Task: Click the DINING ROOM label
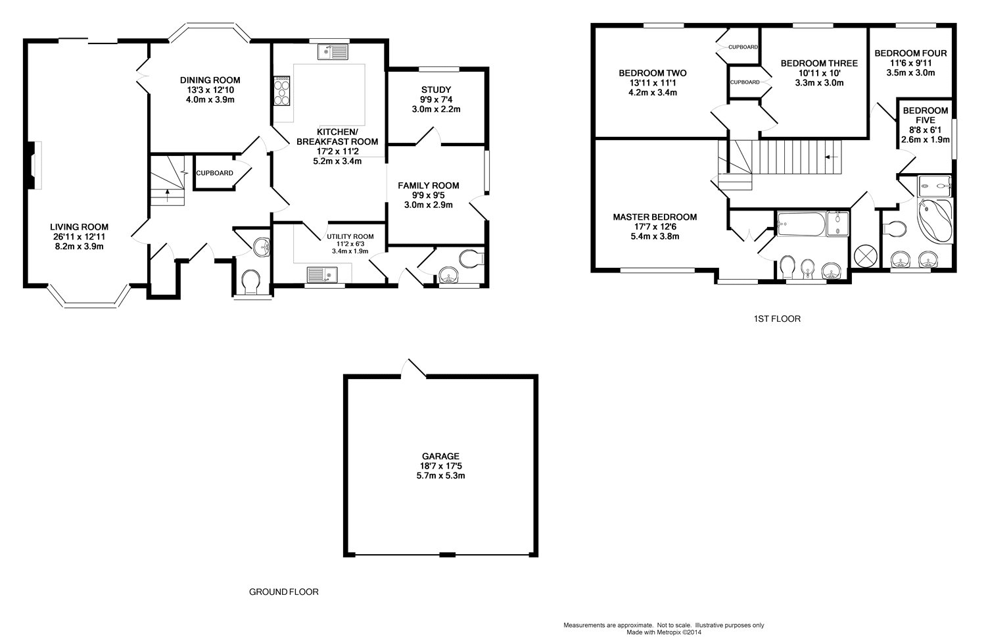point(210,80)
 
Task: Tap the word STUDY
point(436,89)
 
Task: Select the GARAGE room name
point(440,456)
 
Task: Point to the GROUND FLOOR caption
point(284,592)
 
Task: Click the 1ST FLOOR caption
point(777,318)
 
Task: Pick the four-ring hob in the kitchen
point(282,91)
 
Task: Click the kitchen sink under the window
point(333,51)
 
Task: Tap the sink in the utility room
point(322,274)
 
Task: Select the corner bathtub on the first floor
point(935,220)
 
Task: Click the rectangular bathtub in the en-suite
point(801,224)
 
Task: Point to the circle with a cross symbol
point(865,256)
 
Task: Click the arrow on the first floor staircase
point(831,157)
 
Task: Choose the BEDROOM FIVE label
point(926,115)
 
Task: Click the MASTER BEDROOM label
point(655,217)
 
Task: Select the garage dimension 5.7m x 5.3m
point(440,475)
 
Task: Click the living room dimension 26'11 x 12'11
point(80,236)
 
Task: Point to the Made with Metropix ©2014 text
point(664,632)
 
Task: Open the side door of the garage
point(413,369)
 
